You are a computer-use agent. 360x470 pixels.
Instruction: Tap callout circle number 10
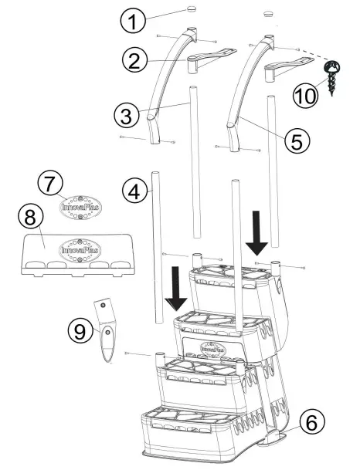click(x=307, y=95)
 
